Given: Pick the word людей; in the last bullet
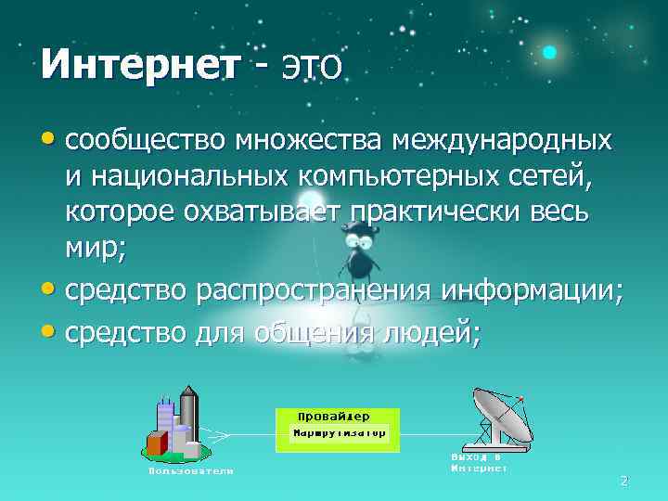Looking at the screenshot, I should pos(432,329).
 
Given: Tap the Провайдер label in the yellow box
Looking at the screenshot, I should pos(334,416).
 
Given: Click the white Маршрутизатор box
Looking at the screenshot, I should pos(340,433).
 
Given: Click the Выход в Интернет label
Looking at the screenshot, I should pos(479,463).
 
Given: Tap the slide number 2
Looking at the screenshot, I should pos(623,481).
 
